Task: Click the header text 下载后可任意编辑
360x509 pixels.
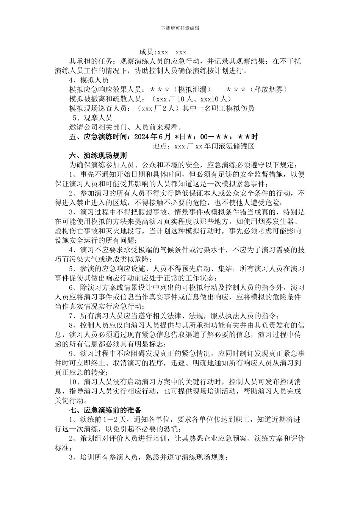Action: point(180,28)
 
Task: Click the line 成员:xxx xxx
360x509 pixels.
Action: point(163,52)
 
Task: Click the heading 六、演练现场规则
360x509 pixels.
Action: point(98,155)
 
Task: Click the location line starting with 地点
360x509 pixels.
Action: point(203,146)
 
